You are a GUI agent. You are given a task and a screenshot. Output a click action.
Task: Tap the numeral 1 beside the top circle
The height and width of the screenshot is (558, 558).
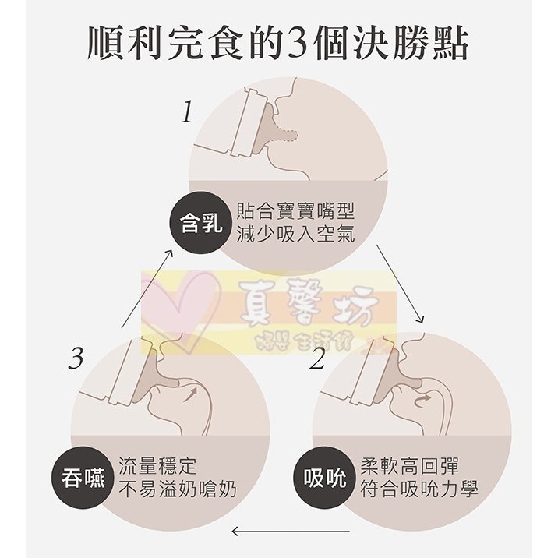(186, 114)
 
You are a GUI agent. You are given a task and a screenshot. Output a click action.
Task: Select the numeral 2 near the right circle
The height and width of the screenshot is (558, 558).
(316, 360)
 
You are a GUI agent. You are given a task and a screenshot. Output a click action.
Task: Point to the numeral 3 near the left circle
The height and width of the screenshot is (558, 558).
(76, 359)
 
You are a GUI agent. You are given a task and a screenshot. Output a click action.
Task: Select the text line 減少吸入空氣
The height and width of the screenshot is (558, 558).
(295, 234)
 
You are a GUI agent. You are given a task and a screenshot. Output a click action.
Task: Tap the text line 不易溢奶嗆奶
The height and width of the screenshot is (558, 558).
(178, 489)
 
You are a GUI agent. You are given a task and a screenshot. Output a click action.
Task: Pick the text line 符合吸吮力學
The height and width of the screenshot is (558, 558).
(420, 489)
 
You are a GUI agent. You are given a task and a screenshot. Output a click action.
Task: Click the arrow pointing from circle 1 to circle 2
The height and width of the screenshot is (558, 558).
(400, 284)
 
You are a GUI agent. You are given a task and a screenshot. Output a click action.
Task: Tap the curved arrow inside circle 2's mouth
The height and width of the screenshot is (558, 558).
(426, 400)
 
